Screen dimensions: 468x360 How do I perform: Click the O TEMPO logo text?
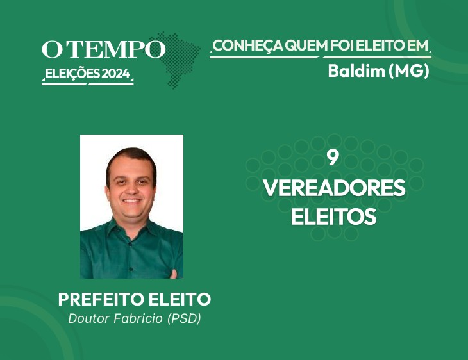(x=103, y=49)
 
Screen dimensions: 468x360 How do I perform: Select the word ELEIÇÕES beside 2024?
(x=72, y=74)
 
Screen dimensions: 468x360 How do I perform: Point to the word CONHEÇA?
(x=248, y=45)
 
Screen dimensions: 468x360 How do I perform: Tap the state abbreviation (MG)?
(x=409, y=71)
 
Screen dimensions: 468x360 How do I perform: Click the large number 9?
(x=333, y=158)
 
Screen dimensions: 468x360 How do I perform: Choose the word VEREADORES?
(x=334, y=188)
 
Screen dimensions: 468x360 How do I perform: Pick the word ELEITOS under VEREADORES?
(x=333, y=217)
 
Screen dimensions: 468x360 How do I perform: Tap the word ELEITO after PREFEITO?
(x=180, y=299)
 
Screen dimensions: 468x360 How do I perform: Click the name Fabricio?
(x=138, y=318)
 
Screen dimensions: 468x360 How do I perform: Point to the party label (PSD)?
(x=184, y=318)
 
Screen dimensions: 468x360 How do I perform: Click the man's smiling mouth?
(x=131, y=200)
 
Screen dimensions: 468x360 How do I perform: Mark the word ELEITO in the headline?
(x=378, y=45)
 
